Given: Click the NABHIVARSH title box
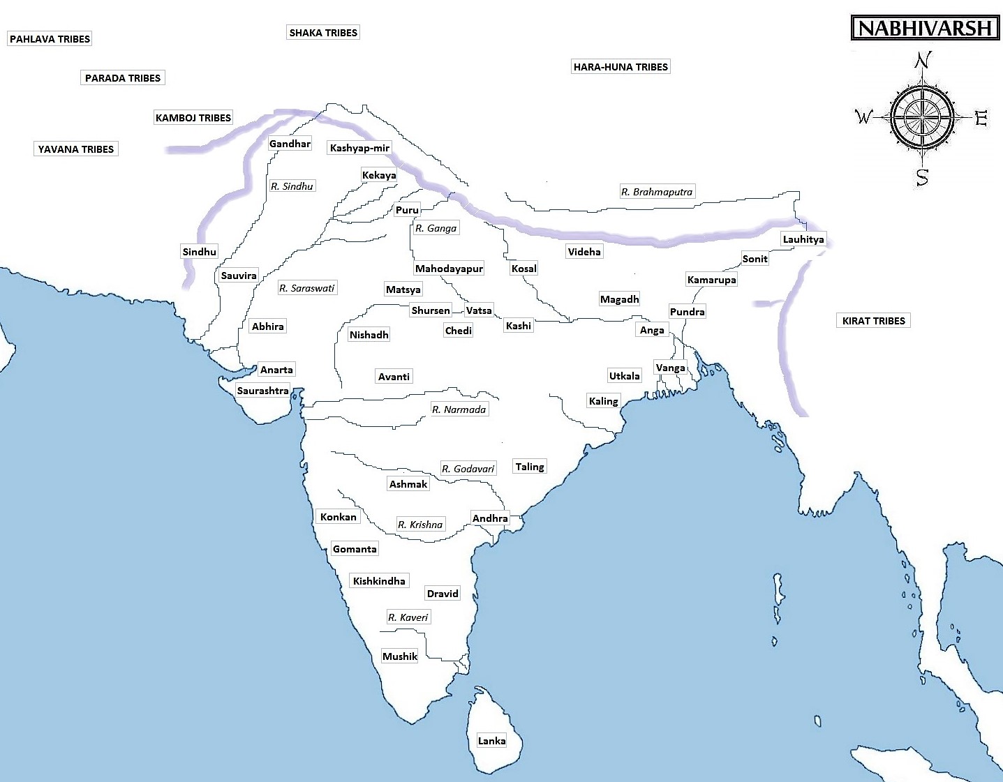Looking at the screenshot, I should (925, 28).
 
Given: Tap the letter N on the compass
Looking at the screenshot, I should (923, 61).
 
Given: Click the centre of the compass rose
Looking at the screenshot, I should (922, 117).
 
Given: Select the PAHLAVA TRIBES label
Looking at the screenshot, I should (50, 39).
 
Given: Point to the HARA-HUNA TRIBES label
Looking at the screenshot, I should (621, 67).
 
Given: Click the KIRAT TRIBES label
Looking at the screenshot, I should (873, 321).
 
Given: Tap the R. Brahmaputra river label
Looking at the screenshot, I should (657, 192).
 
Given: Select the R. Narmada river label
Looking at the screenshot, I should (459, 409).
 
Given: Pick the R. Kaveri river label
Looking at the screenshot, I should (408, 617).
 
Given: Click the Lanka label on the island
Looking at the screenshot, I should (491, 741).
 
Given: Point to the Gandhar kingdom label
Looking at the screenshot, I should (290, 144).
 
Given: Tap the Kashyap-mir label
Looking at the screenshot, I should (359, 148).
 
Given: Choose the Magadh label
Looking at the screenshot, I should (619, 299).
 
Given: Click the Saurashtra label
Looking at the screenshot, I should (262, 391).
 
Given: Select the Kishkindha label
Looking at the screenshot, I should (379, 581).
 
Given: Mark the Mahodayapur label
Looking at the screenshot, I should (449, 269).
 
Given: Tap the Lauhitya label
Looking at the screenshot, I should (803, 239).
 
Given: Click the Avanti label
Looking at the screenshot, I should (394, 377).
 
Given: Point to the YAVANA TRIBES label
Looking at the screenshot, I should (76, 149).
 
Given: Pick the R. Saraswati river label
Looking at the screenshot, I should (307, 288).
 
